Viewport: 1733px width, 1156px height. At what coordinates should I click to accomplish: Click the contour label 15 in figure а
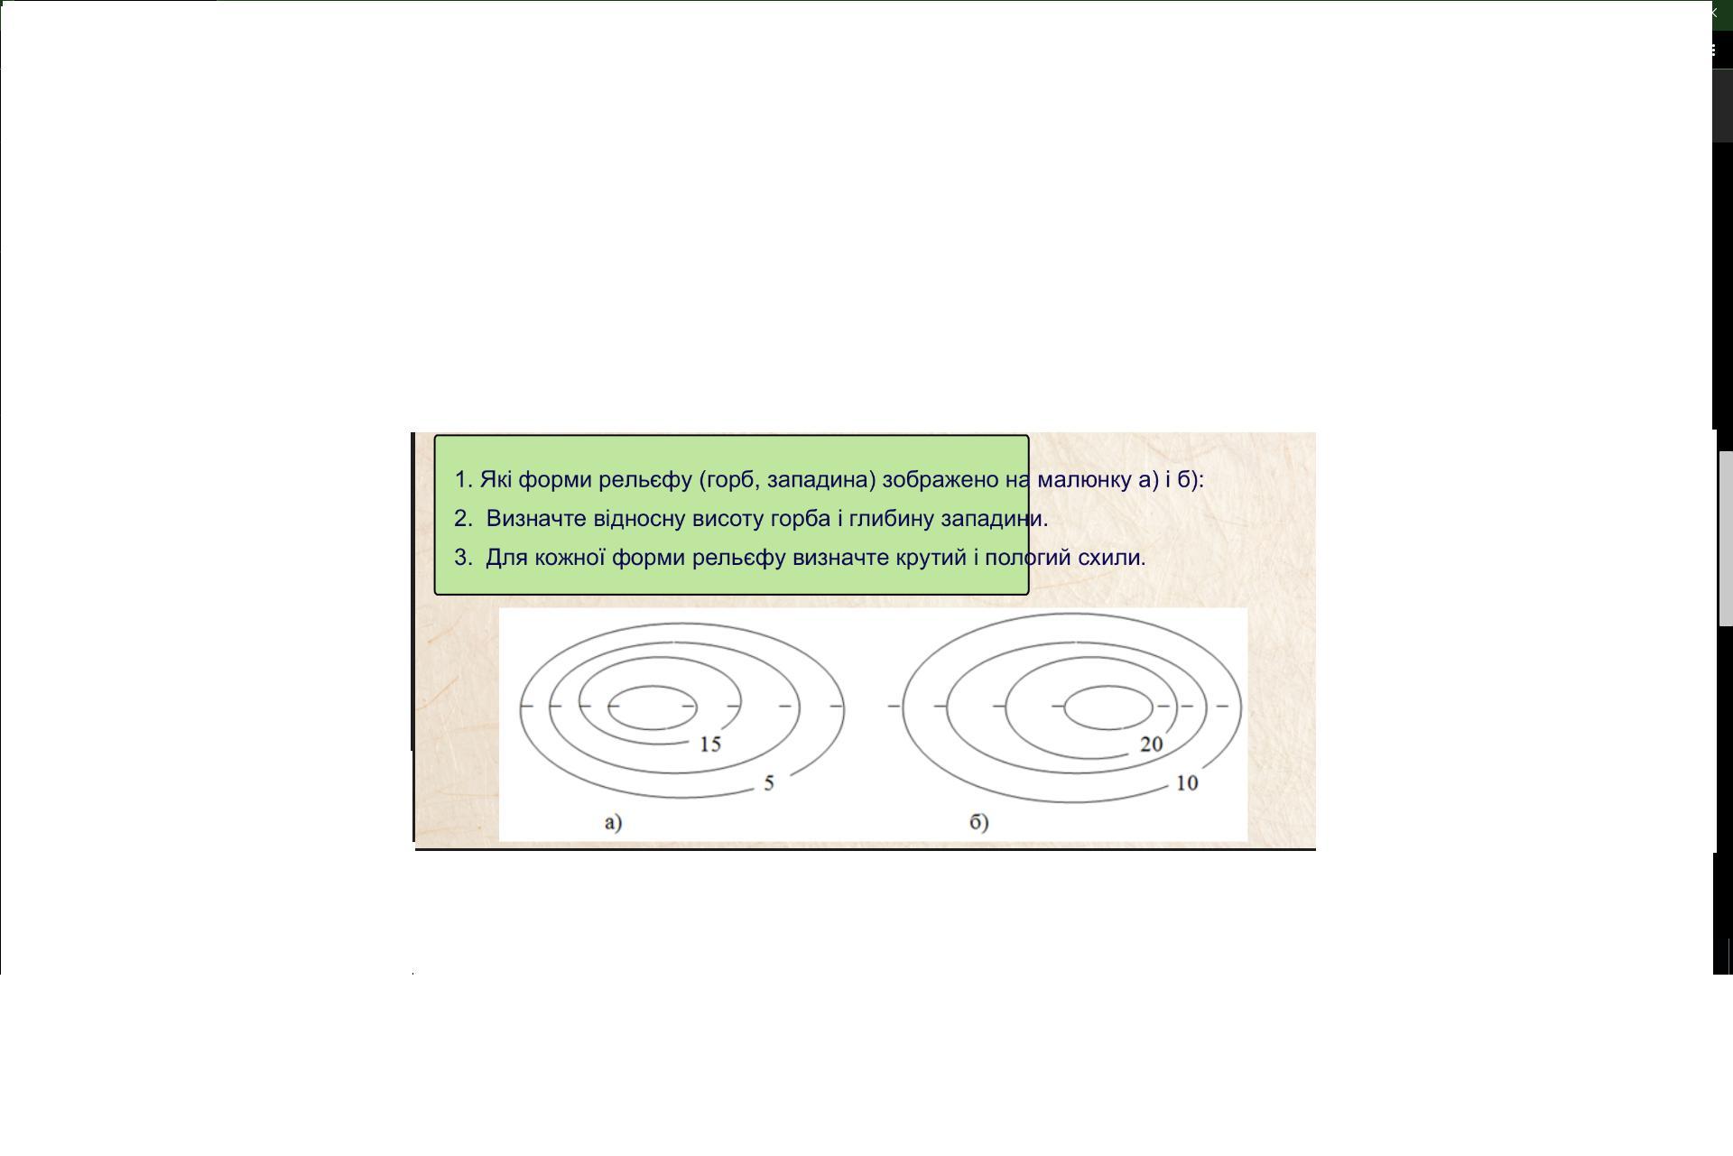[710, 744]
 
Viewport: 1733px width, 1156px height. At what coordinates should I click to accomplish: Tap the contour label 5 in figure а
[769, 783]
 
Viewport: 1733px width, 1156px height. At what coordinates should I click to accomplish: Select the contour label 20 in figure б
[1151, 744]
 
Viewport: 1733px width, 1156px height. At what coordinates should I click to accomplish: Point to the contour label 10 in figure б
[1187, 783]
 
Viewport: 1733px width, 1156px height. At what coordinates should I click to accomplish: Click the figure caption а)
[614, 822]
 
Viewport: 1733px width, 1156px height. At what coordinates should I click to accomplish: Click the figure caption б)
[979, 822]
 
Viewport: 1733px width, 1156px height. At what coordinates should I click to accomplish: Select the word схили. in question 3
[1112, 558]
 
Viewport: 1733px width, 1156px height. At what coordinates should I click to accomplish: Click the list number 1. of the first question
[464, 479]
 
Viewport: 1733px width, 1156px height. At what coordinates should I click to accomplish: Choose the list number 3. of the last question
[464, 558]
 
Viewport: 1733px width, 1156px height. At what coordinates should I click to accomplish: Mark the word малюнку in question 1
[1084, 480]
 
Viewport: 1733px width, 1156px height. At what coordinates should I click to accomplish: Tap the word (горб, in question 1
[729, 480]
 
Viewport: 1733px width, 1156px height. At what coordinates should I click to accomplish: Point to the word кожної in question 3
[570, 558]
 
